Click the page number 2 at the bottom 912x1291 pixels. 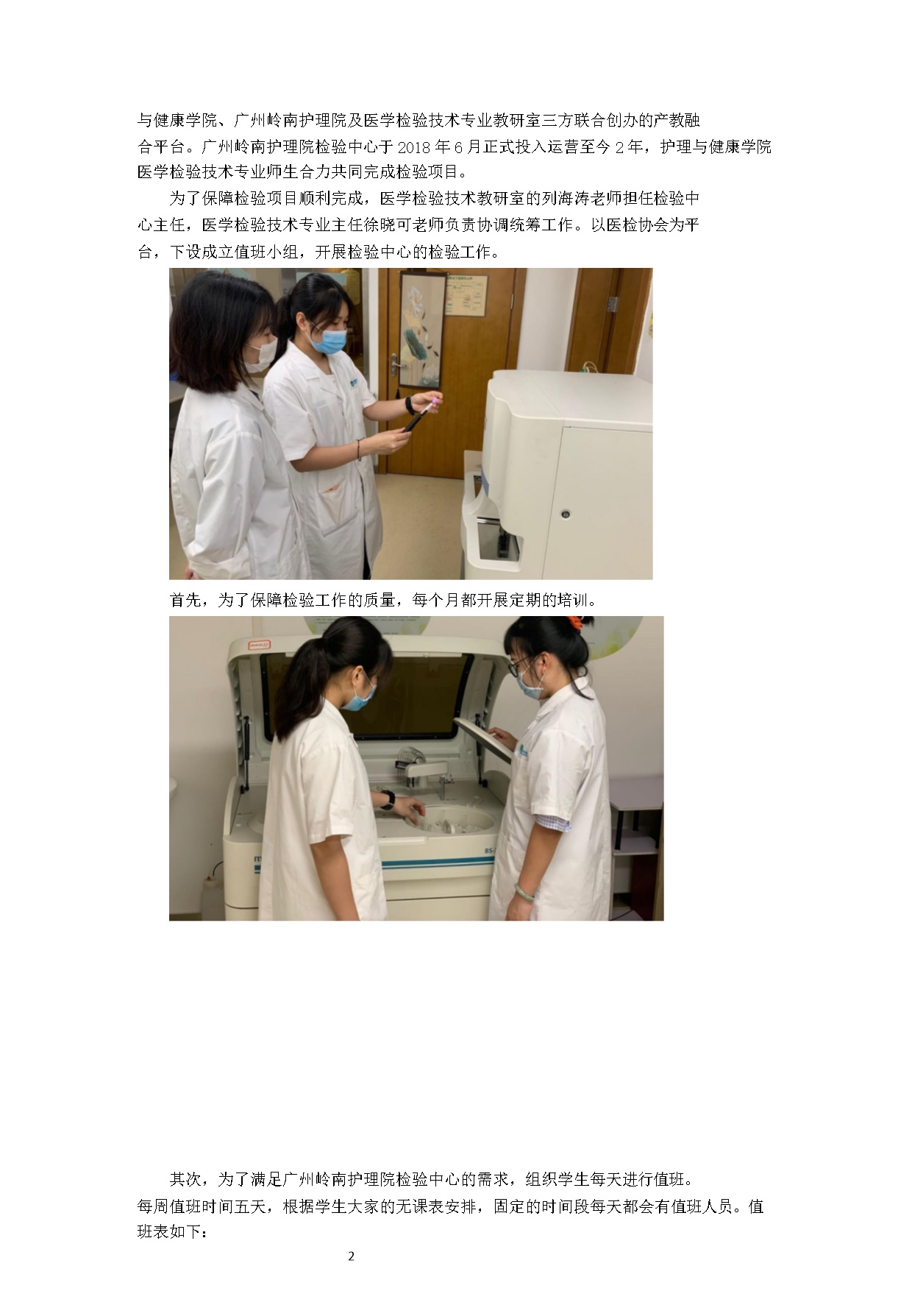point(351,1256)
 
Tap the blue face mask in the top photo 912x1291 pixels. point(328,341)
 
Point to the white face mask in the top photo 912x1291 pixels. point(260,356)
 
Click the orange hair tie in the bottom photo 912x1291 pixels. point(582,623)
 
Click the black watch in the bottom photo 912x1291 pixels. point(388,799)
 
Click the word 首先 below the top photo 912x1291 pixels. point(185,600)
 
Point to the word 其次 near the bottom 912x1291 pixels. point(185,1179)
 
